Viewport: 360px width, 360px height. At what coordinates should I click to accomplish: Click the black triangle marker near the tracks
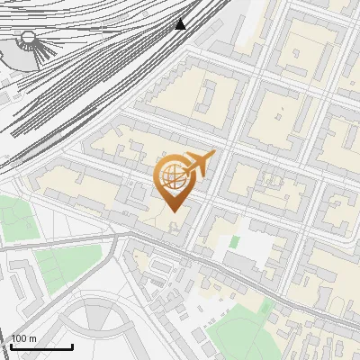pos(181,23)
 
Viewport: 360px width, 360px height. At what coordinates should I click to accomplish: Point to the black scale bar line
pos(41,346)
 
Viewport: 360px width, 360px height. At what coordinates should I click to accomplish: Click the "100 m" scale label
pos(24,338)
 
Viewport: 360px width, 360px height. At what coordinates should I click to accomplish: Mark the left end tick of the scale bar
pos(12,345)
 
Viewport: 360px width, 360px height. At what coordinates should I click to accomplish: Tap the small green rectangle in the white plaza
pos(234,241)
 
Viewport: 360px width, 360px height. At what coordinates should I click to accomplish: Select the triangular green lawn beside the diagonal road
pos(67,262)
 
